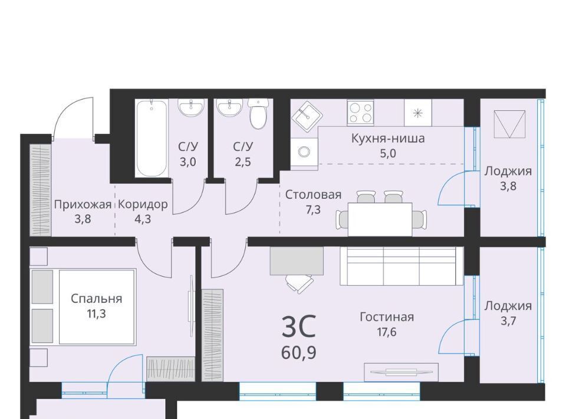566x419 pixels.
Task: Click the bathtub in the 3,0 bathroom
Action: pyautogui.click(x=152, y=138)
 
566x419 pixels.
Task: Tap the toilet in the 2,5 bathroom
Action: pyautogui.click(x=258, y=114)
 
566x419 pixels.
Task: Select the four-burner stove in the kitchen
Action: pyautogui.click(x=360, y=113)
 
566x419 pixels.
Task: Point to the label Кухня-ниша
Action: pyautogui.click(x=388, y=138)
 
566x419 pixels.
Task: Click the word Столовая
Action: pyautogui.click(x=313, y=195)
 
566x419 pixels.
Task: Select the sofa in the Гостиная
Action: pyautogui.click(x=402, y=266)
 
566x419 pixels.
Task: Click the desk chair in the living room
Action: pyautogui.click(x=300, y=283)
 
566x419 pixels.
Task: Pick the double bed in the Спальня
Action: pyautogui.click(x=83, y=306)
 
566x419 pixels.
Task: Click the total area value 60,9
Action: pyautogui.click(x=299, y=352)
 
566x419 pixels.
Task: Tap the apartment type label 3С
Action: pyautogui.click(x=299, y=326)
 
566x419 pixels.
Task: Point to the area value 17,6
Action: pyautogui.click(x=387, y=332)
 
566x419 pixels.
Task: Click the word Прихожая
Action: pyautogui.click(x=83, y=205)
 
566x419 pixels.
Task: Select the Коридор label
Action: pyautogui.click(x=143, y=205)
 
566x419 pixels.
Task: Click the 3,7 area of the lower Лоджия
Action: pyautogui.click(x=508, y=321)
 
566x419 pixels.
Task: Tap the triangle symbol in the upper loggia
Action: pyautogui.click(x=508, y=124)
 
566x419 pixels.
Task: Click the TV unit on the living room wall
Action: pyautogui.click(x=401, y=372)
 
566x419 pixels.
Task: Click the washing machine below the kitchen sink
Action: pyautogui.click(x=304, y=151)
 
